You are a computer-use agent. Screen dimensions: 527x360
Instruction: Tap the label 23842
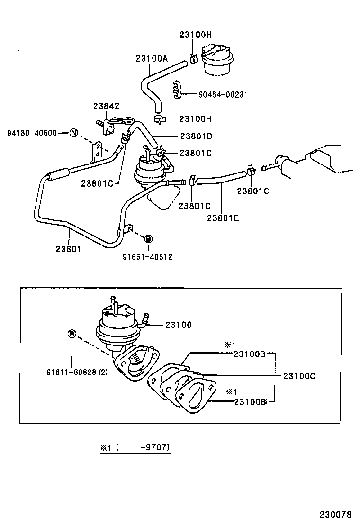pyautogui.click(x=106, y=107)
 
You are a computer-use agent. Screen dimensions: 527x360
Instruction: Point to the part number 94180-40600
pyautogui.click(x=32, y=133)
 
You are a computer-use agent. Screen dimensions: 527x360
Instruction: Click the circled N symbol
pyautogui.click(x=73, y=133)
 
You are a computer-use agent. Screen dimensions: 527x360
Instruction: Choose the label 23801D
pyautogui.click(x=196, y=136)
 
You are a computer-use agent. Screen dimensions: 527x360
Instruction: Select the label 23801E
pyautogui.click(x=223, y=218)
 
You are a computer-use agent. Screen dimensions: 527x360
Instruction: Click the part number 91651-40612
pyautogui.click(x=147, y=257)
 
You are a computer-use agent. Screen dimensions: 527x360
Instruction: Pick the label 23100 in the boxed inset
pyautogui.click(x=178, y=325)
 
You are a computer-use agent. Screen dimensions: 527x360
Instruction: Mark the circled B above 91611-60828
pyautogui.click(x=72, y=334)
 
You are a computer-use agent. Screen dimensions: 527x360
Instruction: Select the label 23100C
pyautogui.click(x=299, y=376)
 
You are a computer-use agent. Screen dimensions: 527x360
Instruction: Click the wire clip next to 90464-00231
pyautogui.click(x=178, y=90)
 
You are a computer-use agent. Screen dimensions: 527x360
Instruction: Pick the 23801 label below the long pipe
pyautogui.click(x=68, y=248)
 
